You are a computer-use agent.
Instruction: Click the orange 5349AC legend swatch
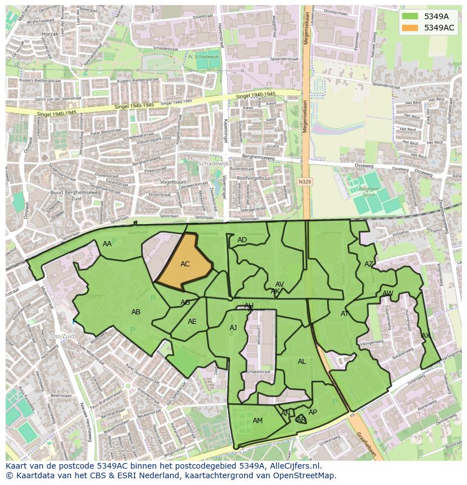click(x=411, y=28)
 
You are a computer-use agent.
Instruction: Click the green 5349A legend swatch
click(x=411, y=16)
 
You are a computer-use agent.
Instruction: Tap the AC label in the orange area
click(x=185, y=264)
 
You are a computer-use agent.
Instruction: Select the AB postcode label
click(x=136, y=312)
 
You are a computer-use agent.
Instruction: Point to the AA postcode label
click(x=107, y=244)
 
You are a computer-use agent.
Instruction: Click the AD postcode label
click(x=242, y=240)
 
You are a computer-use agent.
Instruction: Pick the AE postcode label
click(x=192, y=322)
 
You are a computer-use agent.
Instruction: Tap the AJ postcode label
click(x=233, y=328)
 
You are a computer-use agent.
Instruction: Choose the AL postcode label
click(x=302, y=362)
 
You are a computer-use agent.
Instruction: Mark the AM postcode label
click(x=258, y=421)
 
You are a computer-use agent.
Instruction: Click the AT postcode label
click(x=345, y=314)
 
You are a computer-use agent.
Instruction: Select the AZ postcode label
click(x=369, y=264)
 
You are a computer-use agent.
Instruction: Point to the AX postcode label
click(x=426, y=336)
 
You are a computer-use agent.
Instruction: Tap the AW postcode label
click(x=387, y=293)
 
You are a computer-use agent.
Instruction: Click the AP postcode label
click(x=312, y=412)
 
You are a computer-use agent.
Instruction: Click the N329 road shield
click(x=305, y=182)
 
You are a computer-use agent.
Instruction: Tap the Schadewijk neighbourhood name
click(x=213, y=163)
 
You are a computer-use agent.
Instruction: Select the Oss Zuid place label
click(x=63, y=336)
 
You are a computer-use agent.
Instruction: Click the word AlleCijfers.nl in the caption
click(x=294, y=466)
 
